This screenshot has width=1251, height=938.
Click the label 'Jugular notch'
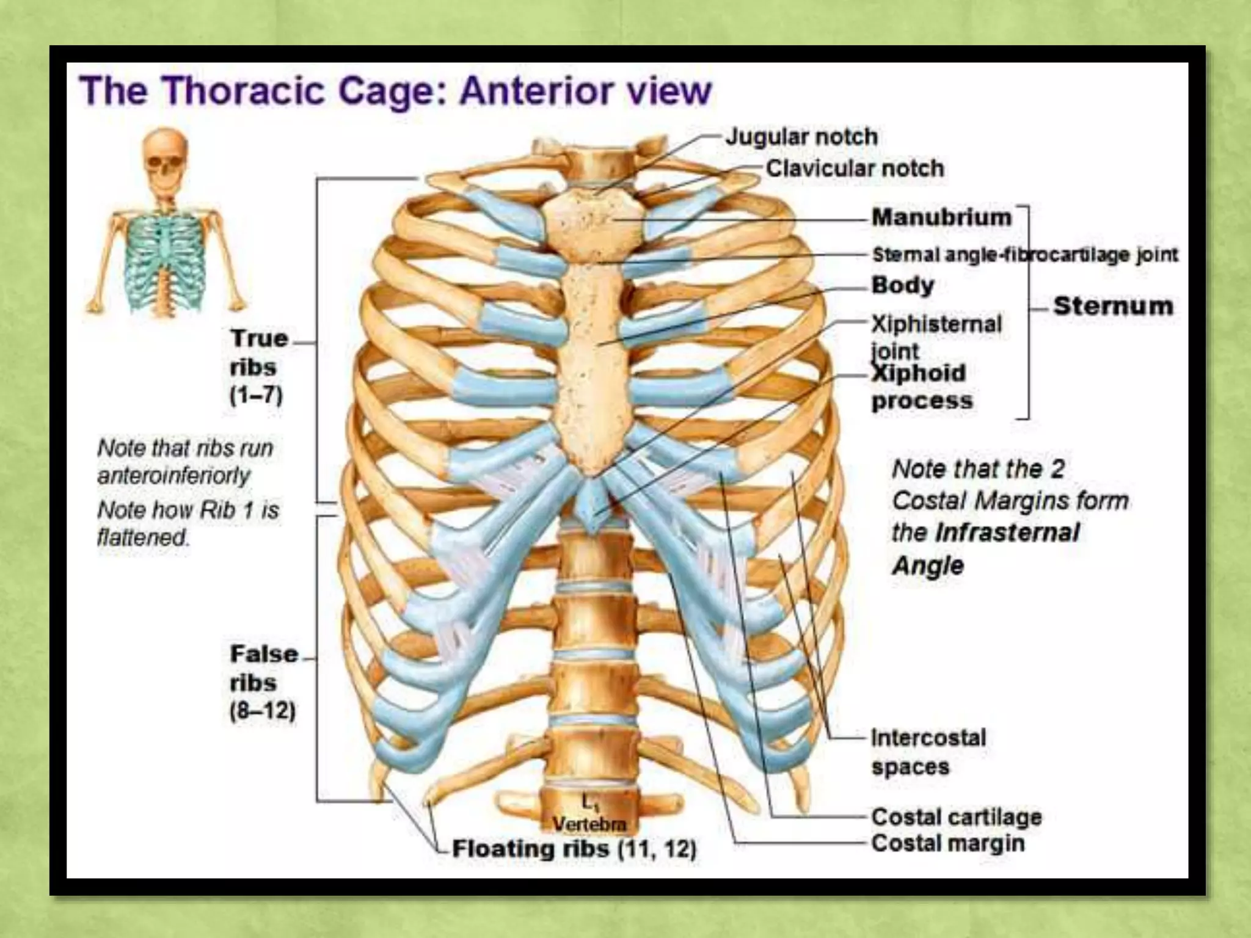[x=801, y=137]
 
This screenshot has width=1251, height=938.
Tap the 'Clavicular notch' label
[x=855, y=168]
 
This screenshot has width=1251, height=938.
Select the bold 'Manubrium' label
[x=941, y=217]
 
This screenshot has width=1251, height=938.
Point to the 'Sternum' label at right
[x=1113, y=305]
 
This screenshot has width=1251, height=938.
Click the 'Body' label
[x=903, y=285]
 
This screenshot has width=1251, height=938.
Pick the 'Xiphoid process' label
[x=922, y=387]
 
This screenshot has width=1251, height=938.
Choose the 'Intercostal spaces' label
[x=928, y=752]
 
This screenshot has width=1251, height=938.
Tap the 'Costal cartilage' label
[x=957, y=816]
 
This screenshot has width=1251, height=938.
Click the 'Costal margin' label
[x=948, y=843]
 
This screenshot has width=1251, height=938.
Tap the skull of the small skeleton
[x=166, y=159]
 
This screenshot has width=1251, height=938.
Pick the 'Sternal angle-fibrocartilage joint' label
[x=1025, y=255]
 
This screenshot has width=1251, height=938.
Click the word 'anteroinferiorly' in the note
[x=174, y=475]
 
